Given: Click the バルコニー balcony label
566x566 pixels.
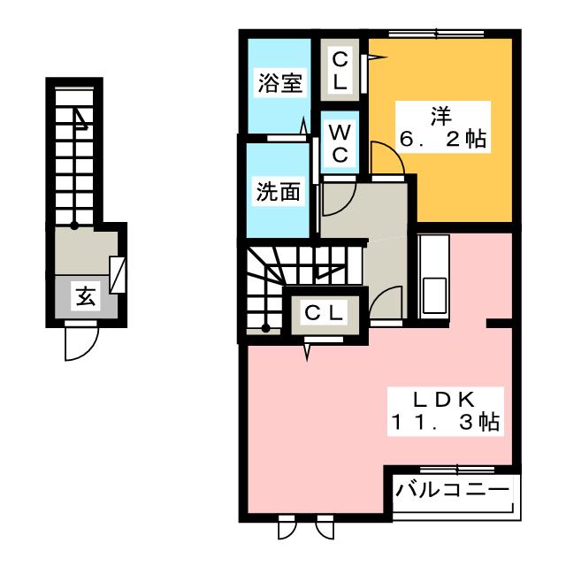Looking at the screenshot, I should pyautogui.click(x=452, y=489).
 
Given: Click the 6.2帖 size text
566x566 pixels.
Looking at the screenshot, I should pyautogui.click(x=444, y=140).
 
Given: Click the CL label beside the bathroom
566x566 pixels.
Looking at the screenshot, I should pyautogui.click(x=340, y=71).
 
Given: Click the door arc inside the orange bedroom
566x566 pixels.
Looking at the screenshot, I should pyautogui.click(x=387, y=159).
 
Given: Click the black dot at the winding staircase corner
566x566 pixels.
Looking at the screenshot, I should pyautogui.click(x=264, y=329).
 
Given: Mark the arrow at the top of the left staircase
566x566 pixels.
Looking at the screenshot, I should pyautogui.click(x=81, y=116).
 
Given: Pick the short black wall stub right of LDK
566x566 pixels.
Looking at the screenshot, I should pyautogui.click(x=499, y=324).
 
